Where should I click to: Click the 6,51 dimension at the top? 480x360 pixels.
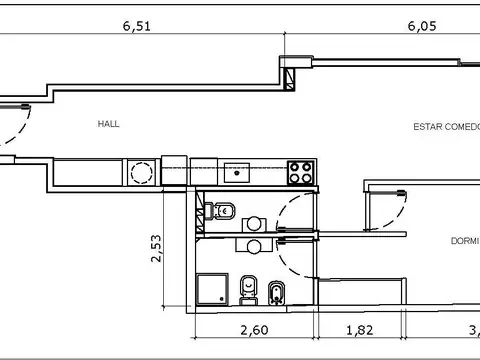click(x=136, y=28)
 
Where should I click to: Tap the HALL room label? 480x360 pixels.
click(x=108, y=125)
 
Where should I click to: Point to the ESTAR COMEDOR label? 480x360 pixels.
click(x=446, y=127)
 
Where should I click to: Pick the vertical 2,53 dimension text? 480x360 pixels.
click(x=157, y=249)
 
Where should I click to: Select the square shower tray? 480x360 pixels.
click(x=213, y=290)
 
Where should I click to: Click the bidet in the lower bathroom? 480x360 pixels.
click(x=275, y=291)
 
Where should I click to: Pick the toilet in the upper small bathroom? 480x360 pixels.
click(x=226, y=211)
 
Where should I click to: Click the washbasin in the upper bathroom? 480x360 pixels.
click(x=256, y=225)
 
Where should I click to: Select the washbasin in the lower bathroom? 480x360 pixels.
click(x=255, y=246)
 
